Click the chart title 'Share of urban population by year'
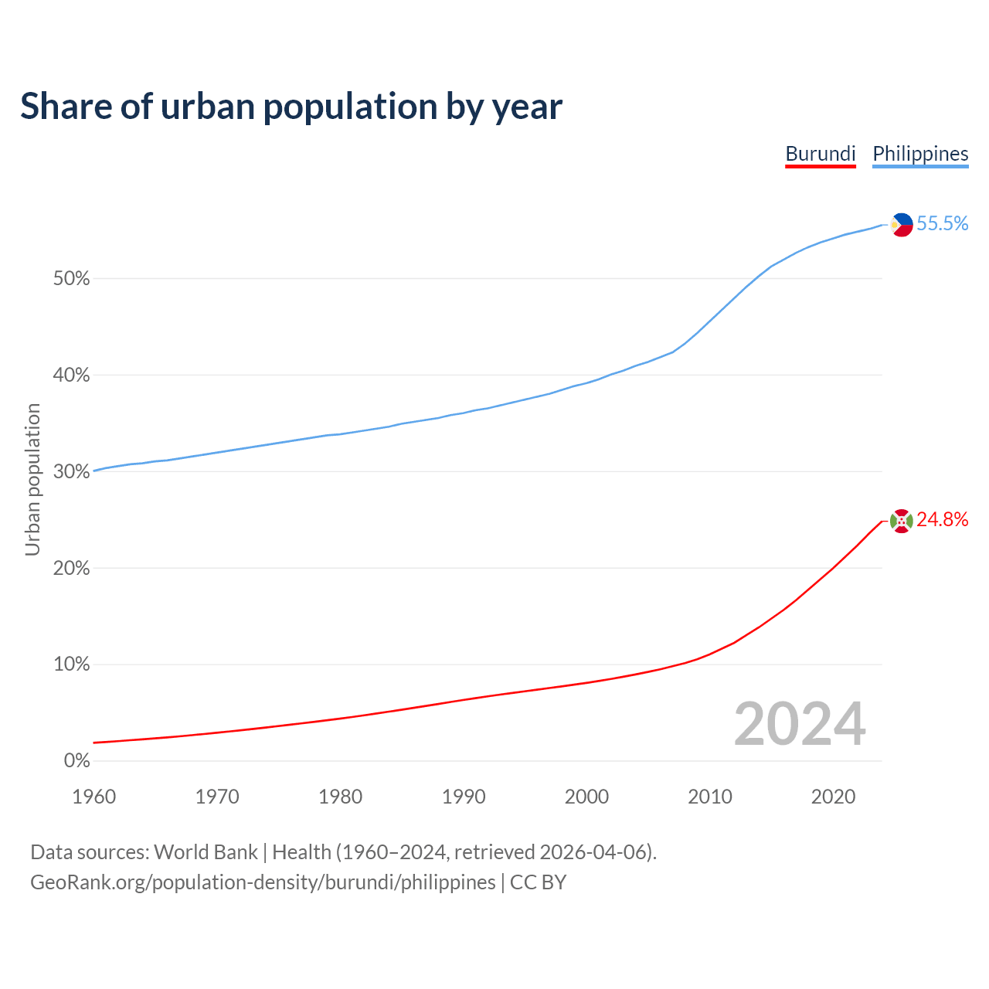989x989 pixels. tap(291, 106)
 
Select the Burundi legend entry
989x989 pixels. tap(820, 154)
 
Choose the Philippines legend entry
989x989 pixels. tap(920, 154)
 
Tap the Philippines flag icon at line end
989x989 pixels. tap(901, 225)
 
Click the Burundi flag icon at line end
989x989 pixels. tap(901, 521)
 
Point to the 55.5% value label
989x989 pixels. tap(943, 224)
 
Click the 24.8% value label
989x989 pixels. tap(943, 520)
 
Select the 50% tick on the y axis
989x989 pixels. tap(71, 279)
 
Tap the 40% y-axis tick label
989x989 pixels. tap(71, 376)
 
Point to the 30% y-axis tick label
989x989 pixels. tap(71, 472)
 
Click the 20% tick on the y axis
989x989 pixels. tap(71, 569)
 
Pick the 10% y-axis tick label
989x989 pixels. tap(71, 664)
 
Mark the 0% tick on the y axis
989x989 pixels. tap(76, 761)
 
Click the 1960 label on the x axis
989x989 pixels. tap(93, 797)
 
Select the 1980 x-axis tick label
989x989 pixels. tap(340, 797)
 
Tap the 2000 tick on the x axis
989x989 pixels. tap(586, 797)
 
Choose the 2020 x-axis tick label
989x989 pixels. tap(833, 797)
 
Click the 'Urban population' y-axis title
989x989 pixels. tap(32, 479)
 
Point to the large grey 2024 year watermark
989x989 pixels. tap(800, 725)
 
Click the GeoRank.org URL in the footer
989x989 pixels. tap(263, 882)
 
